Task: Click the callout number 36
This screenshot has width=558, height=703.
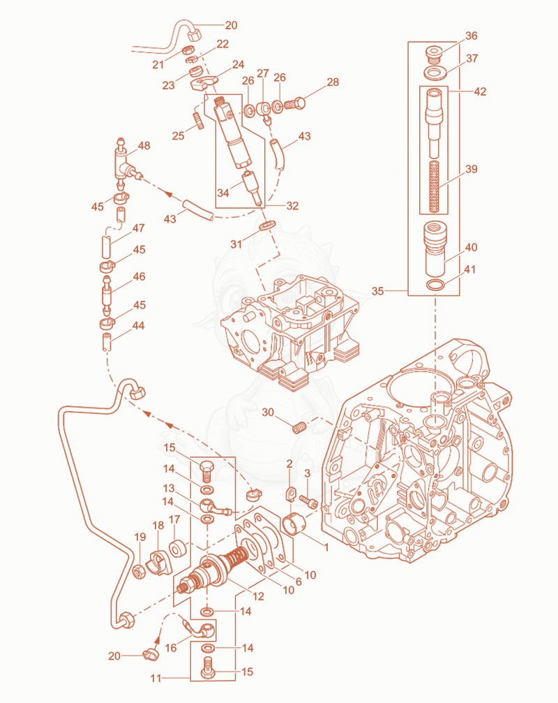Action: (471, 36)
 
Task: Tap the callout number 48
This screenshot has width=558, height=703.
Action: (144, 146)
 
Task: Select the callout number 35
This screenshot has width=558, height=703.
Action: (377, 291)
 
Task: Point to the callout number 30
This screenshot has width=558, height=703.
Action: (268, 412)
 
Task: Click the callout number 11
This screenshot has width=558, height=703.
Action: (156, 679)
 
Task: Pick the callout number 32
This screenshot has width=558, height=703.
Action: (292, 206)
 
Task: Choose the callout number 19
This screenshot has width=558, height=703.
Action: (140, 537)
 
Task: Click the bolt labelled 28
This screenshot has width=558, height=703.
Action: (294, 104)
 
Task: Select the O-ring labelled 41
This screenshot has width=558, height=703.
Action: (435, 285)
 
